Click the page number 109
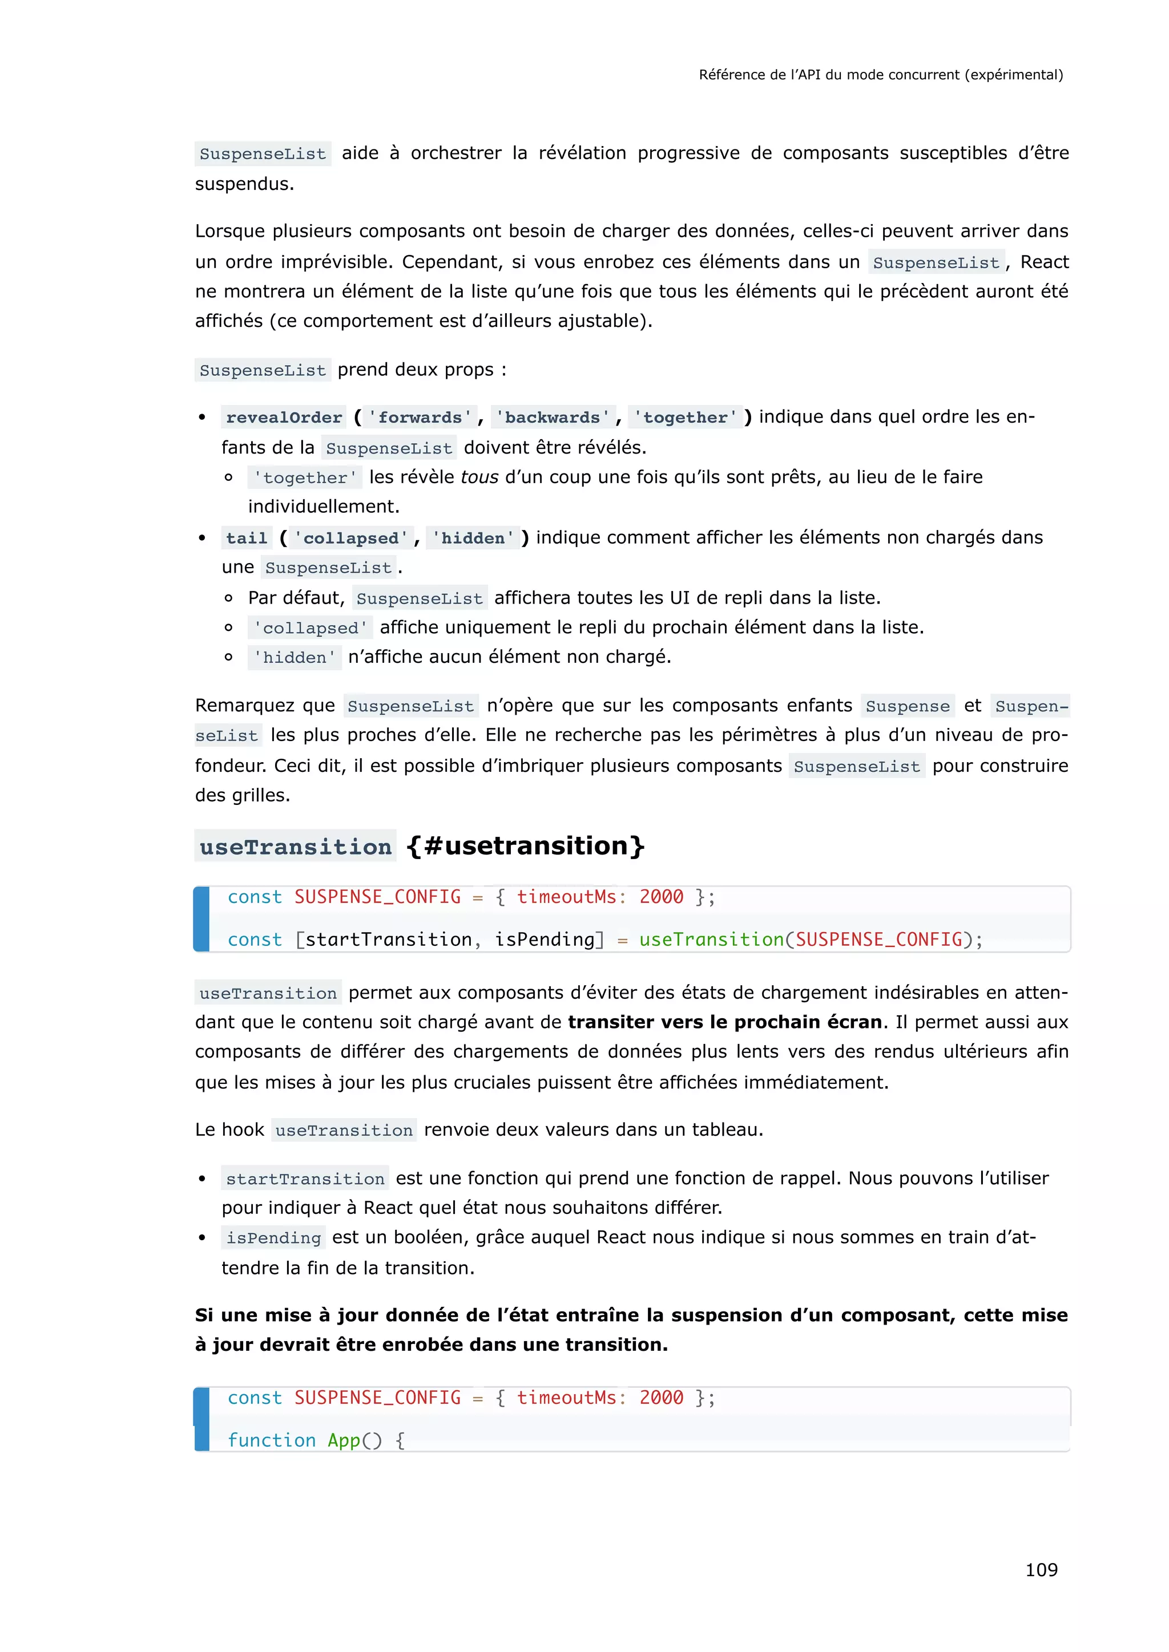tap(1041, 1569)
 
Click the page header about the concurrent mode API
tap(880, 75)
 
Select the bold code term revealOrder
tap(284, 418)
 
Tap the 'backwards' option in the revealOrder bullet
tap(552, 418)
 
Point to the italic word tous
tap(479, 477)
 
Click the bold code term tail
tap(246, 538)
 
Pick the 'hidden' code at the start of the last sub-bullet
tap(295, 658)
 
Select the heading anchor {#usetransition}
tap(526, 845)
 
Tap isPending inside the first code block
tap(545, 940)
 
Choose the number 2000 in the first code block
tap(661, 897)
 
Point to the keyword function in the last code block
tap(271, 1440)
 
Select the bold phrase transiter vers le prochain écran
tap(725, 1022)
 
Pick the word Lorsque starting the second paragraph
tap(231, 232)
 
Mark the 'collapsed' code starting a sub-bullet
tap(309, 628)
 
